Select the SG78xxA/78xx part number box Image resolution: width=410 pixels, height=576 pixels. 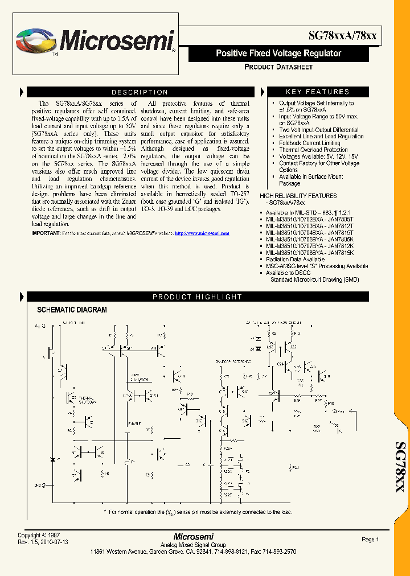pyautogui.click(x=342, y=35)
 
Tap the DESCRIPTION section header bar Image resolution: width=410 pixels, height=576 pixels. pyautogui.click(x=140, y=92)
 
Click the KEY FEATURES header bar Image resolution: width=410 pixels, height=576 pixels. pyautogui.click(x=317, y=92)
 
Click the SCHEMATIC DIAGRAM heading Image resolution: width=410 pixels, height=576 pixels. pyautogui.click(x=72, y=310)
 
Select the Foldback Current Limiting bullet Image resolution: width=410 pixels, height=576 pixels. pyautogui.click(x=309, y=143)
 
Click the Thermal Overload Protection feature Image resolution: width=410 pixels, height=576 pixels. pyautogui.click(x=313, y=150)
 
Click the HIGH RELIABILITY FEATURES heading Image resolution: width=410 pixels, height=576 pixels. pyautogui.click(x=298, y=196)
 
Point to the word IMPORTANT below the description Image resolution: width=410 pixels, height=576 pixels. pyautogui.click(x=45, y=233)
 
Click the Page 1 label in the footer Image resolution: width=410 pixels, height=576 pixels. pyautogui.click(x=370, y=540)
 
